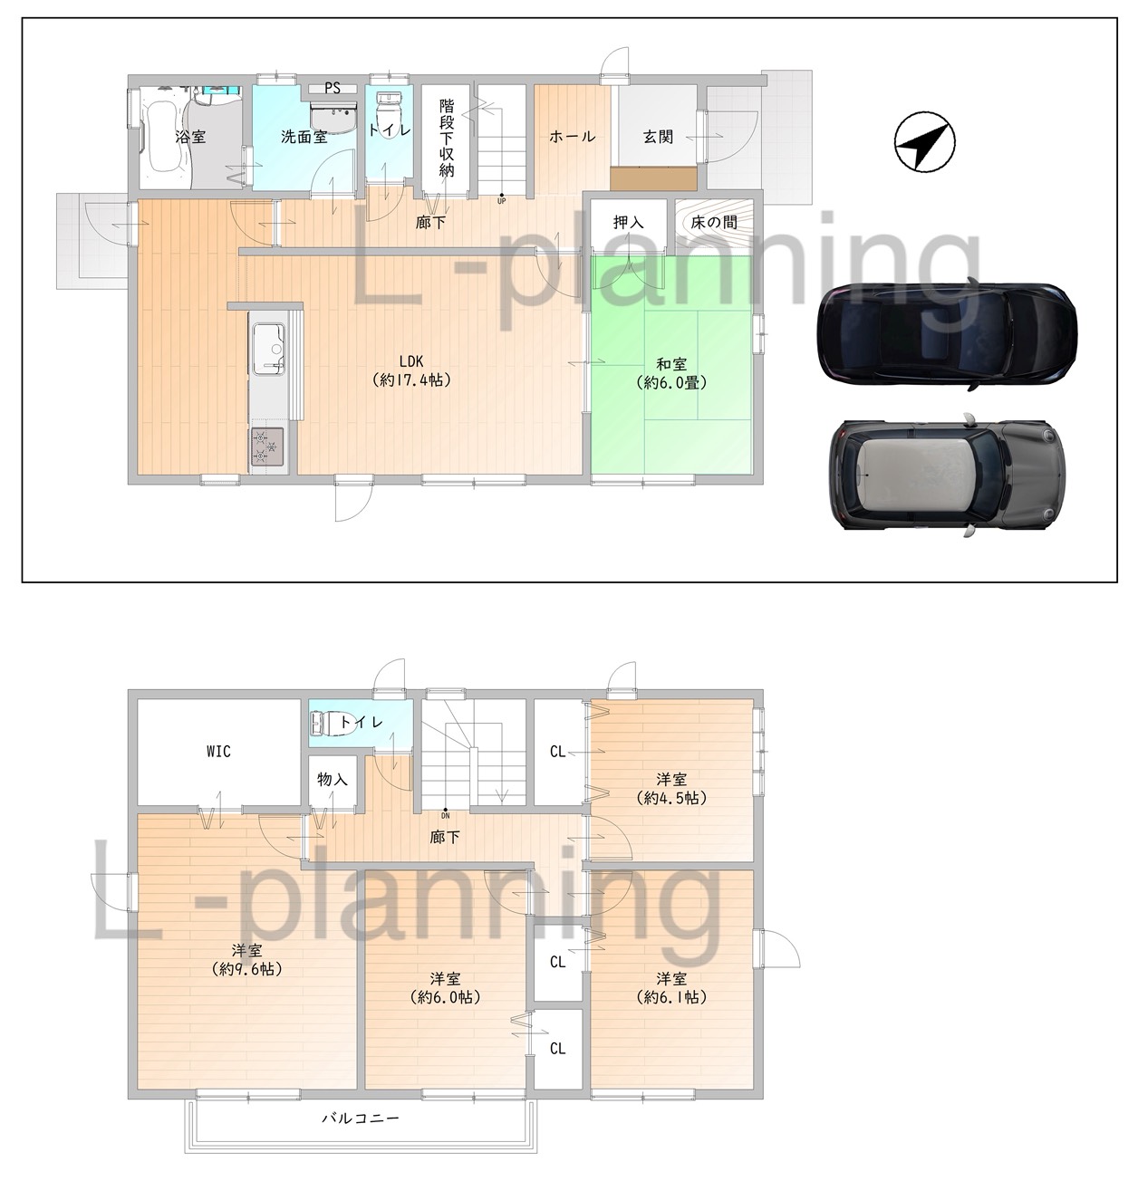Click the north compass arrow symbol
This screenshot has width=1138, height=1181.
point(924,142)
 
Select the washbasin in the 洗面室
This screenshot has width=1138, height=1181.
point(333,116)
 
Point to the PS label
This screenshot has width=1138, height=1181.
point(333,88)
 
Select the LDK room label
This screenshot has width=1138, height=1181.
point(411,370)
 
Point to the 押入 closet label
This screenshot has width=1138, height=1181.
point(628,222)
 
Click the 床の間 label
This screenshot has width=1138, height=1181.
point(714,222)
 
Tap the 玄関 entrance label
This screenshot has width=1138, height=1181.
point(658,137)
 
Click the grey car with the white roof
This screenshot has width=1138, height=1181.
point(948,475)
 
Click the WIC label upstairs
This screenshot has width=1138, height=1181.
point(218,752)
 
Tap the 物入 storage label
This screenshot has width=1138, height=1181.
point(333,779)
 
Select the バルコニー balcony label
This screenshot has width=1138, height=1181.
point(361,1118)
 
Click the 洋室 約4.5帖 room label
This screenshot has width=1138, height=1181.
point(671,788)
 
